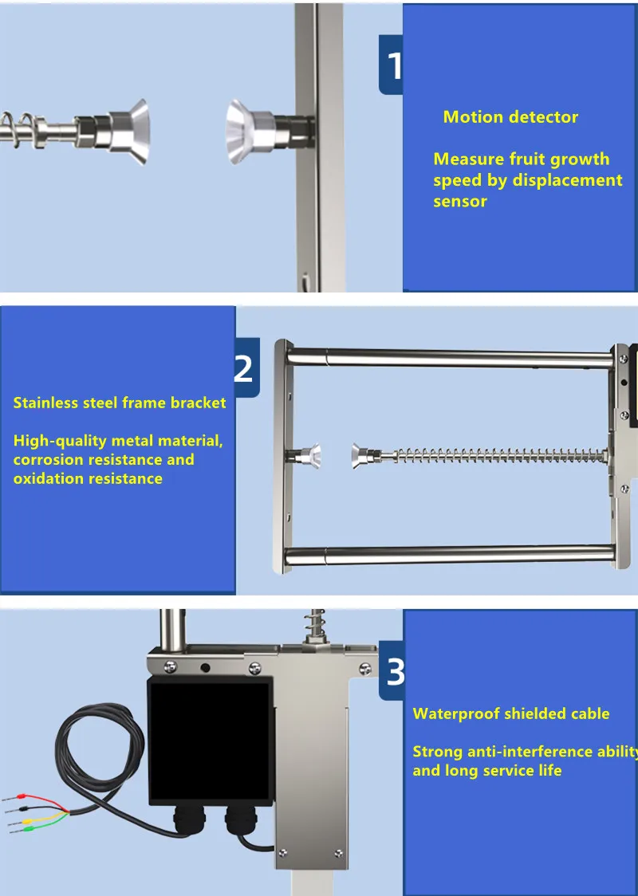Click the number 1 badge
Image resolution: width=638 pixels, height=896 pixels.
391,65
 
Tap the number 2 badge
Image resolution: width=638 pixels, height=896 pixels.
246,367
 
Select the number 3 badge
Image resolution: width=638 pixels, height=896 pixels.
392,670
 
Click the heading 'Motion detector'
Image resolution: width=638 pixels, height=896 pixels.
510,117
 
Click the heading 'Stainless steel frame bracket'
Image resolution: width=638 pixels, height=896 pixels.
120,403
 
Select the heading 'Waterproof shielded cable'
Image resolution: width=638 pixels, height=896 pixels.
511,713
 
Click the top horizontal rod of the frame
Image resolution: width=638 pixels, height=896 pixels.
449,358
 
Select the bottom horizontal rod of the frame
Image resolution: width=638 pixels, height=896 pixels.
449,554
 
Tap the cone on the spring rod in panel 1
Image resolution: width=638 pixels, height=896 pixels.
129,132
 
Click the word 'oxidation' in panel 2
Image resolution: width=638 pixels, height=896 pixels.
49,478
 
